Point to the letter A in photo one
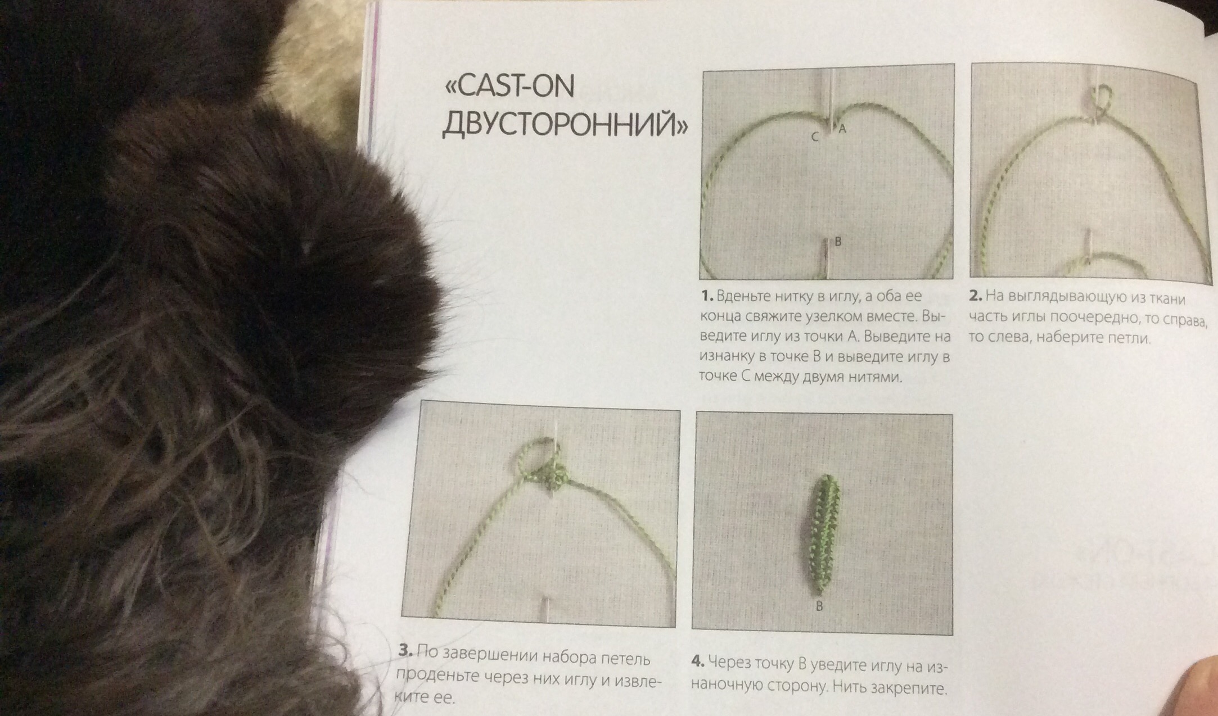coord(842,129)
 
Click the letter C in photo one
coord(815,137)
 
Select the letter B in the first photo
coord(838,242)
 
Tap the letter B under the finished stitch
coord(819,606)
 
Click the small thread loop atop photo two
coord(1103,99)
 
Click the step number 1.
coord(707,296)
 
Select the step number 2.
coord(976,295)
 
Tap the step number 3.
coord(405,651)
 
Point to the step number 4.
coord(697,661)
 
